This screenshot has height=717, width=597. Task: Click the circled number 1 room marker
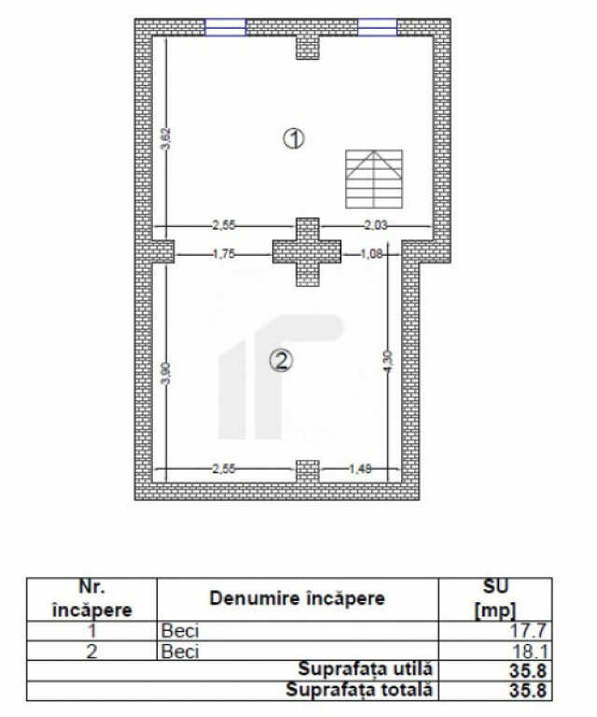point(294,138)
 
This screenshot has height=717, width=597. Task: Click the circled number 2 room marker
point(281,360)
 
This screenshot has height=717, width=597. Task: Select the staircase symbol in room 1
point(374,179)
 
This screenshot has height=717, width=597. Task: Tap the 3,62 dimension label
point(166,138)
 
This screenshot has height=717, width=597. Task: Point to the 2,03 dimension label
point(376,225)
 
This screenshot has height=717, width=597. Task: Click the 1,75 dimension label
point(223,254)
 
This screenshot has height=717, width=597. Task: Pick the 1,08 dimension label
point(371,254)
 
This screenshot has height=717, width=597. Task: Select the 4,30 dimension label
point(387,361)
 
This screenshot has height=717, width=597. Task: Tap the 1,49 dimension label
point(360,469)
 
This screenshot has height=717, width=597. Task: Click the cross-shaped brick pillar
point(307,252)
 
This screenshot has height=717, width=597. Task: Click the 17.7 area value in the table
point(528,631)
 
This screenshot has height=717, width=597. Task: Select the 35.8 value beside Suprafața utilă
point(528,671)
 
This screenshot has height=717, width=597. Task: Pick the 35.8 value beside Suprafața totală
point(528,691)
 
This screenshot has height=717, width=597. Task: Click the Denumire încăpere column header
point(297,598)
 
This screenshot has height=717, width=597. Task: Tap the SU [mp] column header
point(495,598)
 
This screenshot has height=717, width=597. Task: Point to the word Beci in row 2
point(180,651)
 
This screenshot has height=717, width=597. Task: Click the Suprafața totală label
point(359,690)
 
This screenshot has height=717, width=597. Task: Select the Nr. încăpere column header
point(91,598)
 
